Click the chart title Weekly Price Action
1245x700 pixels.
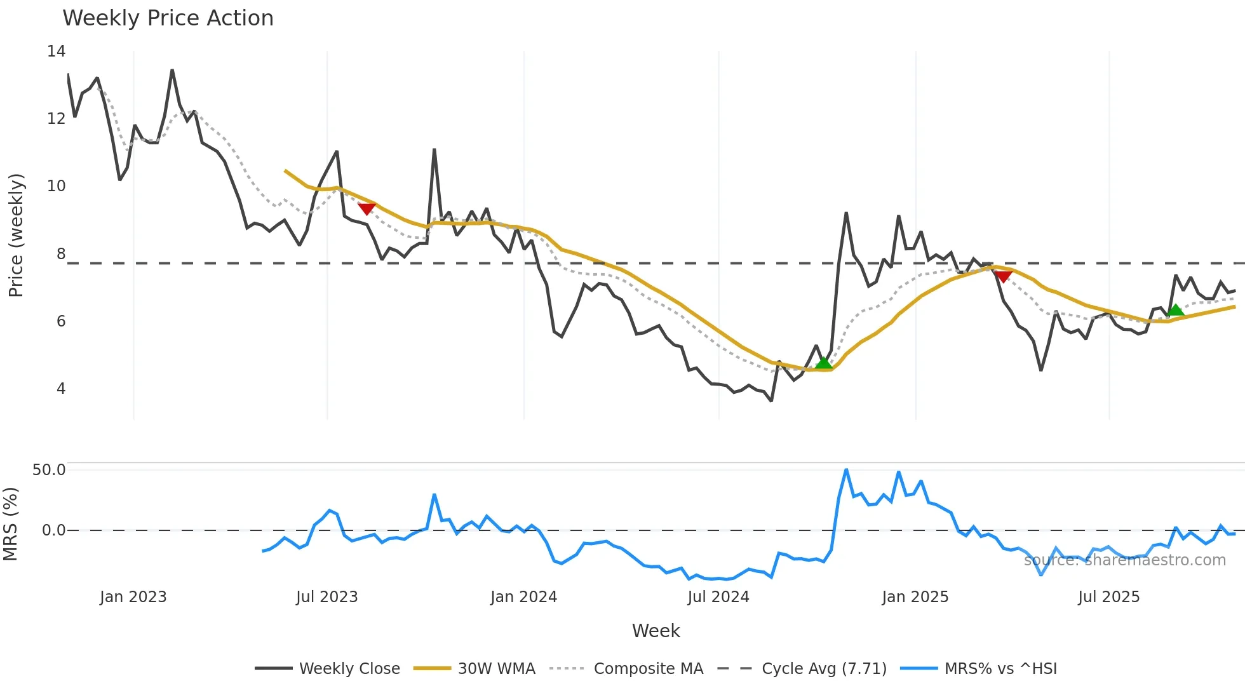pyautogui.click(x=168, y=18)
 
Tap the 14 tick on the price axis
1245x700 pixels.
pyautogui.click(x=56, y=51)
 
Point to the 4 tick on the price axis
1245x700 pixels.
pyautogui.click(x=61, y=388)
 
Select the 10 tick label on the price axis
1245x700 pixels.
pyautogui.click(x=56, y=186)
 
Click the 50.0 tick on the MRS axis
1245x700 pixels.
pyautogui.click(x=49, y=470)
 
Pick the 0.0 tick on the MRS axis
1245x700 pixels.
pyautogui.click(x=53, y=530)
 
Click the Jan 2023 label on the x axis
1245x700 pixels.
pyautogui.click(x=133, y=597)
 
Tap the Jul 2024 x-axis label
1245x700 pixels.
pyautogui.click(x=718, y=597)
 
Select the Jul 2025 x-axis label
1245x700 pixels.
pyautogui.click(x=1109, y=597)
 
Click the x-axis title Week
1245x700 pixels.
pyautogui.click(x=656, y=631)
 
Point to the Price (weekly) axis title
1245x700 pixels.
pyautogui.click(x=16, y=235)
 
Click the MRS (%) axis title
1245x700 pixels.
pyautogui.click(x=10, y=524)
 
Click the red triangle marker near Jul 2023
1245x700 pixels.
pyautogui.click(x=367, y=208)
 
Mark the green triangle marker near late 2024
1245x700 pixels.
pyautogui.click(x=823, y=363)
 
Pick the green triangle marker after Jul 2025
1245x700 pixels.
pyautogui.click(x=1176, y=310)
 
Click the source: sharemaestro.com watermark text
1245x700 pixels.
pyautogui.click(x=1125, y=560)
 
